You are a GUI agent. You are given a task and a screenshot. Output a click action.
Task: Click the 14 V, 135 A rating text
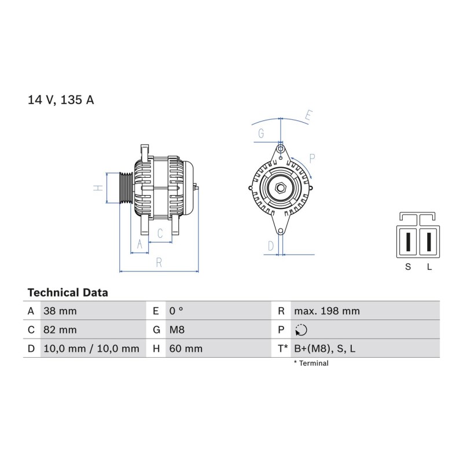(61, 100)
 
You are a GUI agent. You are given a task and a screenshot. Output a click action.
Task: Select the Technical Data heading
(68, 293)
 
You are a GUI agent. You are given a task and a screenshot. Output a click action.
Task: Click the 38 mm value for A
(60, 311)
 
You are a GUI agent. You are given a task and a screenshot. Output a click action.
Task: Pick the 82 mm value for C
(60, 329)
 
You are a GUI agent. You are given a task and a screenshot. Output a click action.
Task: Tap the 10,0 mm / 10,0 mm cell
(91, 348)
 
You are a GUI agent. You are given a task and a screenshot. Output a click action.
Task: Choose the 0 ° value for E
(177, 311)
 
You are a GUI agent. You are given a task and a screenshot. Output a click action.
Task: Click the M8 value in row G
(177, 329)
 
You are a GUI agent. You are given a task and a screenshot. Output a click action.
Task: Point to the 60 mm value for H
(186, 348)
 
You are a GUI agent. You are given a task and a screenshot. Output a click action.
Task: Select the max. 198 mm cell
(327, 311)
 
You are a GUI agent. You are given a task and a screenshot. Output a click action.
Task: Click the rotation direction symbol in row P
(301, 330)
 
